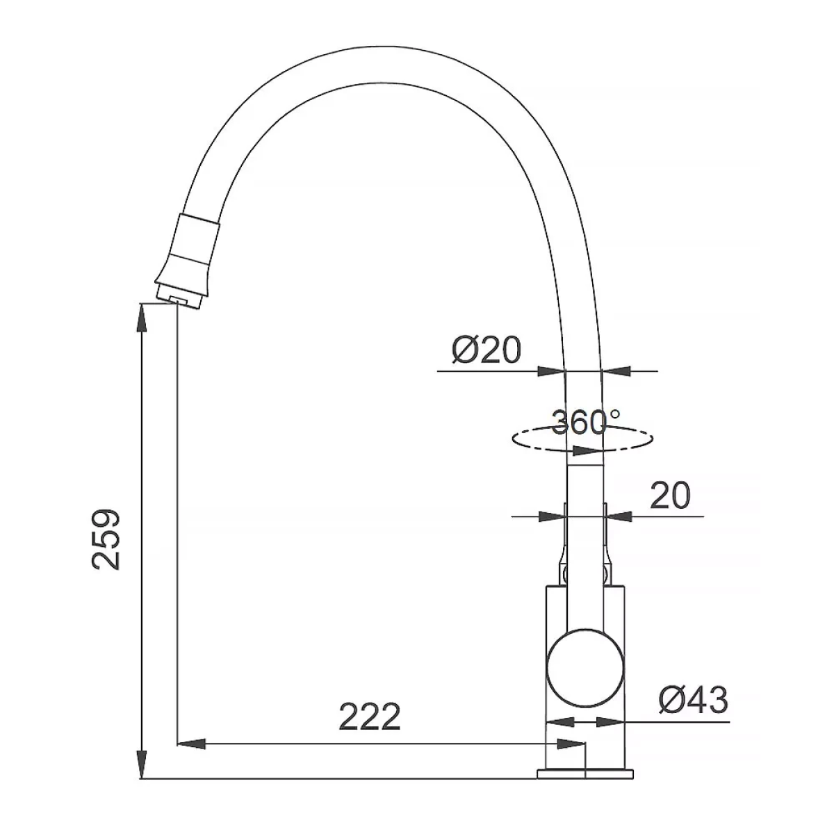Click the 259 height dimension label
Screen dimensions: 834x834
(106, 539)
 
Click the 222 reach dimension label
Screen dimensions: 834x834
(370, 717)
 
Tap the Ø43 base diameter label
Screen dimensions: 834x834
(694, 699)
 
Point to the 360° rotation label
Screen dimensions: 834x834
(586, 423)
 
